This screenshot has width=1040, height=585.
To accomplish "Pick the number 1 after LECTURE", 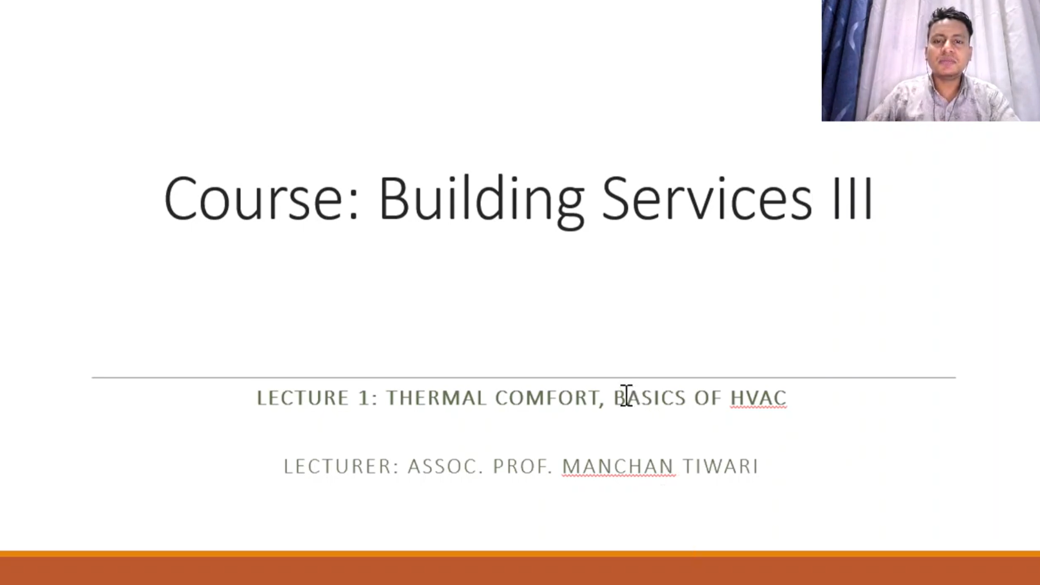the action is (364, 398).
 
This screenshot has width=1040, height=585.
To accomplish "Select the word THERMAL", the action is (436, 398).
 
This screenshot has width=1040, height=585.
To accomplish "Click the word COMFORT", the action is (547, 398).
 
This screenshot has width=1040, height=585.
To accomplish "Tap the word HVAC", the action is (758, 398).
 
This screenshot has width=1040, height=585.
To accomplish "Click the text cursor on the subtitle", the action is (627, 395).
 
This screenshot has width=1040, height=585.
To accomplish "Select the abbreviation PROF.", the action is (522, 466).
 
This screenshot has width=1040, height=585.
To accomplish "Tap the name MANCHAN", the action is (618, 466).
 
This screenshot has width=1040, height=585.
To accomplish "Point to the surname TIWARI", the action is (720, 466).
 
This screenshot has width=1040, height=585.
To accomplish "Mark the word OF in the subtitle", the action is (707, 398).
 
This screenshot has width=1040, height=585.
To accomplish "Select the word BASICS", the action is (650, 398).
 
